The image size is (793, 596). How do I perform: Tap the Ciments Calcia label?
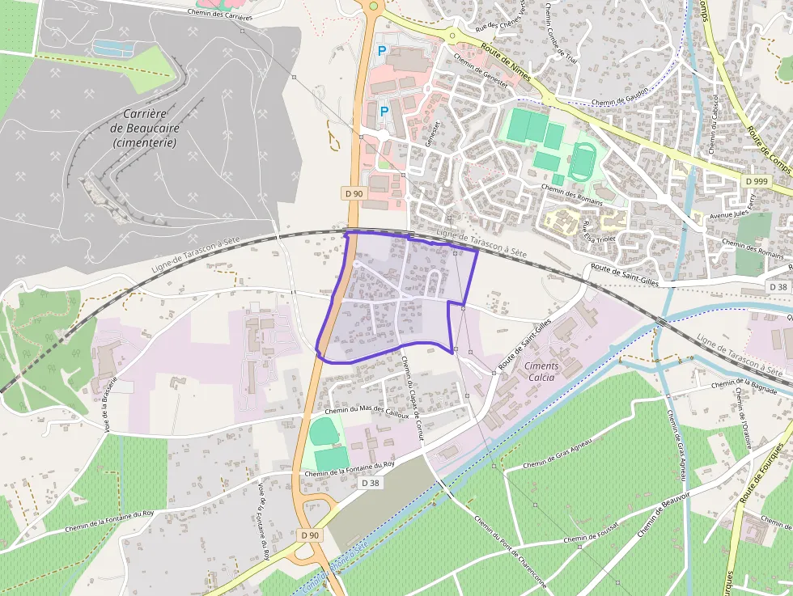pos(541,371)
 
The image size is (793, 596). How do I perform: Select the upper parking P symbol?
pos(382,51)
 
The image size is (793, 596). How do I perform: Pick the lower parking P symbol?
pos(384,112)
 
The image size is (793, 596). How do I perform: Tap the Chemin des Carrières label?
pos(218,14)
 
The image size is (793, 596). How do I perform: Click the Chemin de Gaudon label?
pos(621,102)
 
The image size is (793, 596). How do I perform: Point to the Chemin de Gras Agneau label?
pos(558,453)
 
